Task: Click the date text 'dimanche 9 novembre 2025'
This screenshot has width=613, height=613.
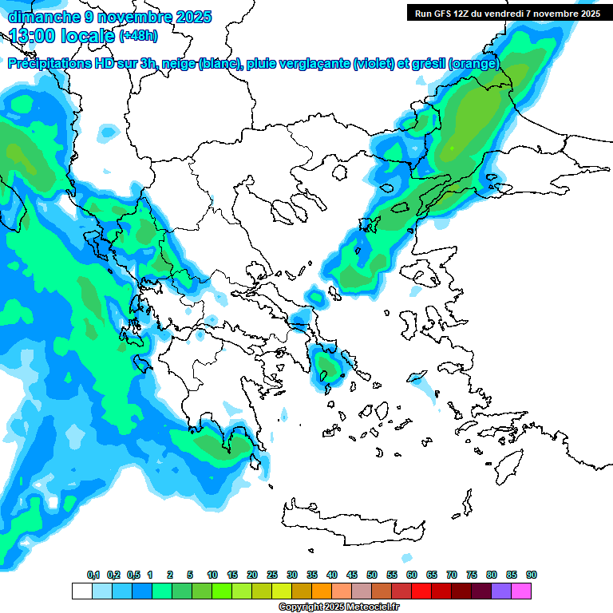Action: [109, 16]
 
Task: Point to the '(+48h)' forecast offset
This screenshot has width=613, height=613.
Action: [138, 36]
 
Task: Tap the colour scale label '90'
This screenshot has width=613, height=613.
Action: [532, 575]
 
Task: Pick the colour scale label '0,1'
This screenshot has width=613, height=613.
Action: [93, 575]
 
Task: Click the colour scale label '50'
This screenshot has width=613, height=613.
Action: [372, 575]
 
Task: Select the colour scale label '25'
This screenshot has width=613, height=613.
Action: [272, 575]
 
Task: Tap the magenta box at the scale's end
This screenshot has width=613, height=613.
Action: [521, 591]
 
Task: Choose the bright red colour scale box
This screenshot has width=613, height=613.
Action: [421, 591]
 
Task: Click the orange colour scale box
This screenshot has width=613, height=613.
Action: [322, 591]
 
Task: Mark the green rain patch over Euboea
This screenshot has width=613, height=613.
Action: [327, 366]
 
